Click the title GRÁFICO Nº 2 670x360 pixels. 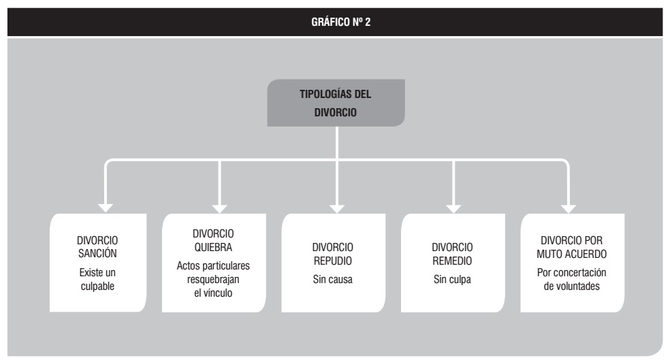point(340,22)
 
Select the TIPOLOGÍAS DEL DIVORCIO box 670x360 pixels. point(336,103)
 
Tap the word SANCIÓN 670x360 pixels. point(97,254)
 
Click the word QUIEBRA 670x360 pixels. point(213,247)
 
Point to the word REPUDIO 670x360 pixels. point(333,261)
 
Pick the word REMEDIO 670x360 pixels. point(452,261)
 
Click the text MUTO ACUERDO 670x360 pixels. point(572,254)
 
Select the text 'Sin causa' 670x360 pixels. point(332,280)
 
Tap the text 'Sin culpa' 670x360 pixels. point(452,280)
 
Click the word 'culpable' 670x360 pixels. point(97,286)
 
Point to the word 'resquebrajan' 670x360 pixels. point(213,280)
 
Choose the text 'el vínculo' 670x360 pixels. point(213,293)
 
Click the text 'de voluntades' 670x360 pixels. point(572,286)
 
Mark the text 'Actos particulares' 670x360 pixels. point(213,266)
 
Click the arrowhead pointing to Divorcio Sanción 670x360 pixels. point(106,208)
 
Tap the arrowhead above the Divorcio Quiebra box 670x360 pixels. point(220,208)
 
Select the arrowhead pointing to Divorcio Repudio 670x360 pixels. point(337,208)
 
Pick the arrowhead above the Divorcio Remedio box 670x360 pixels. point(453,208)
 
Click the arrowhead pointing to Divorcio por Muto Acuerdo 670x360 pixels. point(569,208)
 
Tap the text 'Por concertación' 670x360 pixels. point(572,272)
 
